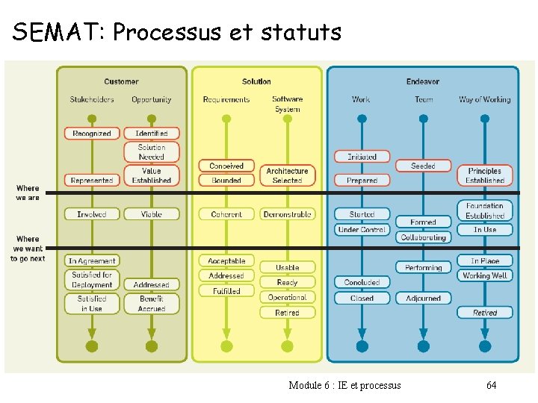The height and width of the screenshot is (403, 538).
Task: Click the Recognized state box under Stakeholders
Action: (92, 134)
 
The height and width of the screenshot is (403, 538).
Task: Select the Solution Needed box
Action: (152, 152)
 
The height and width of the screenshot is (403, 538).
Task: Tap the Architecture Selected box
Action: (287, 175)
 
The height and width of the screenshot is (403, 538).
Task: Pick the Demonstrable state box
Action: (287, 214)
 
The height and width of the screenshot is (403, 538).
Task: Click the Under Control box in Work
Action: (362, 230)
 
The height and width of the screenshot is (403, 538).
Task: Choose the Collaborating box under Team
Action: (423, 237)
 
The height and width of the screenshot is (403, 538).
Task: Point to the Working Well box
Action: (485, 275)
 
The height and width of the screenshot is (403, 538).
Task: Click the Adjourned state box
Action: (423, 298)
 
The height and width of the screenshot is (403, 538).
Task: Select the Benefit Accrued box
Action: (152, 304)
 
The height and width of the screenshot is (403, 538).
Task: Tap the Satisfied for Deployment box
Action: (92, 280)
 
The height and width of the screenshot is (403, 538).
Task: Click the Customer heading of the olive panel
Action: (121, 81)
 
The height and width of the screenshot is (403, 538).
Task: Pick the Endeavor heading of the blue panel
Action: (423, 81)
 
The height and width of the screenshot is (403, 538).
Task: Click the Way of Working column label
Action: (485, 99)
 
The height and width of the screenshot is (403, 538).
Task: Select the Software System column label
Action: (287, 104)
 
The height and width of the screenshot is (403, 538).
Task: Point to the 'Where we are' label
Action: (28, 193)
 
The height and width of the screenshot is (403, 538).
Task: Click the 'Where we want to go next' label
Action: (28, 249)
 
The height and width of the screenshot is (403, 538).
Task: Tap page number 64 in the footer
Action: (491, 385)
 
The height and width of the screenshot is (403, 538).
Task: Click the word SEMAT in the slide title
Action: (59, 32)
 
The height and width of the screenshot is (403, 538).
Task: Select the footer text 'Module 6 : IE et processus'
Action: (344, 385)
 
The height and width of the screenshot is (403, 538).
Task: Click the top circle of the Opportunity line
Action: (152, 118)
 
